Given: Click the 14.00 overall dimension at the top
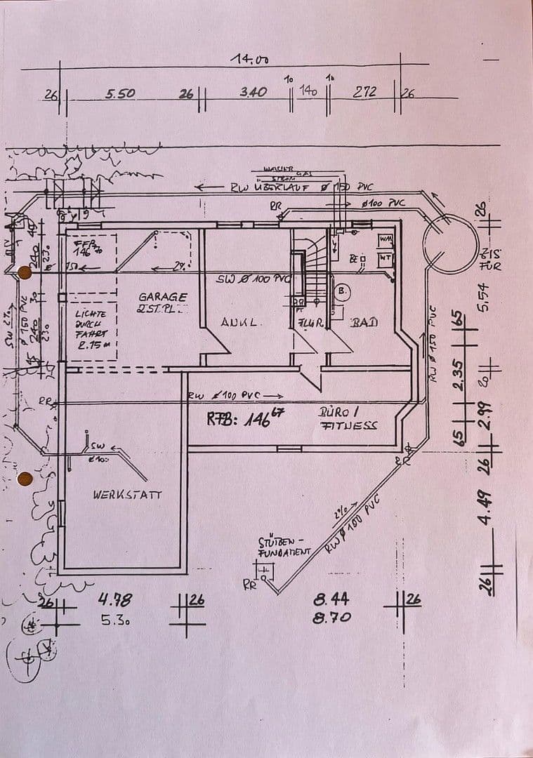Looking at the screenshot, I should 249,60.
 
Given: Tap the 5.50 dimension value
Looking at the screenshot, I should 120,93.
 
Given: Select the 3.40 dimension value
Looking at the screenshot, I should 253,92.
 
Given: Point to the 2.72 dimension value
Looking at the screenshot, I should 365,91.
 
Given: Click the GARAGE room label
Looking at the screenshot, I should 162,297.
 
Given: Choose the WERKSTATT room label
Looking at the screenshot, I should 127,494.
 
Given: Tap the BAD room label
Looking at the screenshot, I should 364,322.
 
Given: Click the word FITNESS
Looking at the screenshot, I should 349,425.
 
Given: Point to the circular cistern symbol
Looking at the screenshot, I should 449,244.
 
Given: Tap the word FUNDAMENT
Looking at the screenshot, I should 284,552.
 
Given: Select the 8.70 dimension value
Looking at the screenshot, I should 332,618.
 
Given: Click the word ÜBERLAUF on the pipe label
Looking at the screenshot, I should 280,187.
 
